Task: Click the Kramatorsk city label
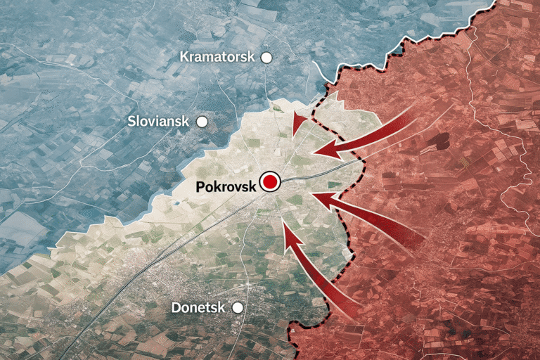click(x=217, y=57)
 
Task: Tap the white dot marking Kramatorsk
click(x=266, y=58)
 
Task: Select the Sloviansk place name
click(x=158, y=121)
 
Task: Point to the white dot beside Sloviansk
click(x=202, y=122)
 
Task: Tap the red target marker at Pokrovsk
click(x=269, y=183)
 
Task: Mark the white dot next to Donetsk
click(x=238, y=307)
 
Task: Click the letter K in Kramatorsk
click(x=185, y=57)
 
